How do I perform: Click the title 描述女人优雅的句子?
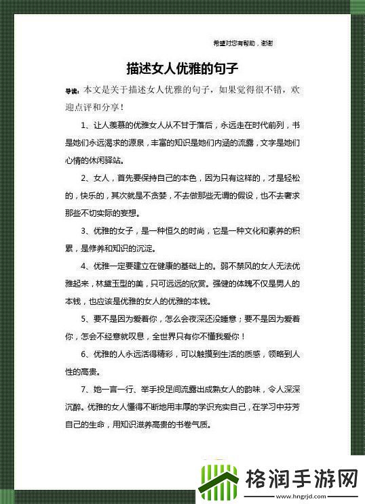point(182,69)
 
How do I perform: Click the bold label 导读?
point(71,91)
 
